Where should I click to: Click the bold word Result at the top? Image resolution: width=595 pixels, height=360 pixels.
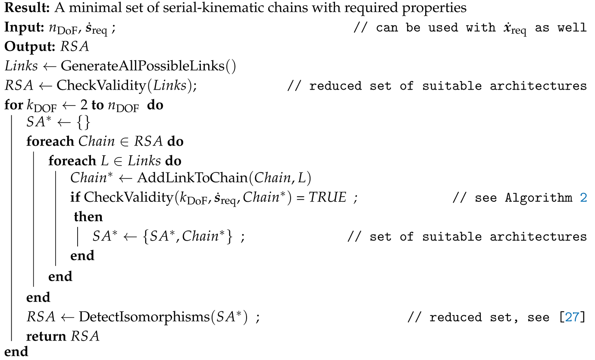click(x=21, y=9)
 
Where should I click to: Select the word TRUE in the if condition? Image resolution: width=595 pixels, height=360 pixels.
click(x=330, y=197)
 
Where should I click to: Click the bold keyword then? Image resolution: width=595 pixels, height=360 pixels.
click(x=88, y=217)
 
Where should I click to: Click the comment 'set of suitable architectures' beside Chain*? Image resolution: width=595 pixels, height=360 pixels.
click(x=478, y=237)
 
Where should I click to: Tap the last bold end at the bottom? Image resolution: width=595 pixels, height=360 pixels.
click(x=16, y=352)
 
